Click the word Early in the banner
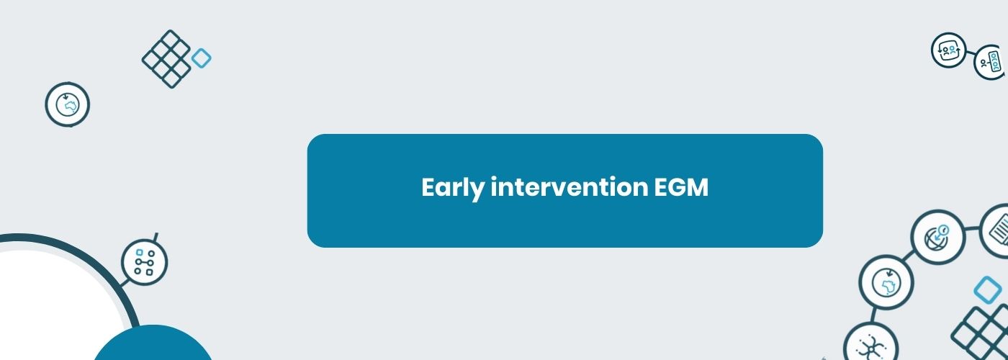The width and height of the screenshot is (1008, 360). point(452,188)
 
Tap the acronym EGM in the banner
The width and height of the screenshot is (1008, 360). point(681,187)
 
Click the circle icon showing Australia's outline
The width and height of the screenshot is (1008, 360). point(68,104)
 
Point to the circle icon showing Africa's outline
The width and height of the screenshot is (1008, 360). point(886,282)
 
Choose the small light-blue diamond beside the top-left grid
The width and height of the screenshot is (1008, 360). point(201,58)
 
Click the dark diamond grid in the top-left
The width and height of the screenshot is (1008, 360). point(166,59)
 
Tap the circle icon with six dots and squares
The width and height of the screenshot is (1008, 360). point(144,262)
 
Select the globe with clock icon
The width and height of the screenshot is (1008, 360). point(937,237)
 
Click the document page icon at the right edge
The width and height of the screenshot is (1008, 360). point(995,231)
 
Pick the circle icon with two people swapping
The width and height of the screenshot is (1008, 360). point(949,50)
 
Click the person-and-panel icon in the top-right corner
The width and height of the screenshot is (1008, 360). point(991,63)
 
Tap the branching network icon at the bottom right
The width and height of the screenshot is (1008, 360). point(870,347)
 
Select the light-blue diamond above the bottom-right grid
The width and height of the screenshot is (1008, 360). point(988,290)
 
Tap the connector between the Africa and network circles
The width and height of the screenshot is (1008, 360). point(873,316)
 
